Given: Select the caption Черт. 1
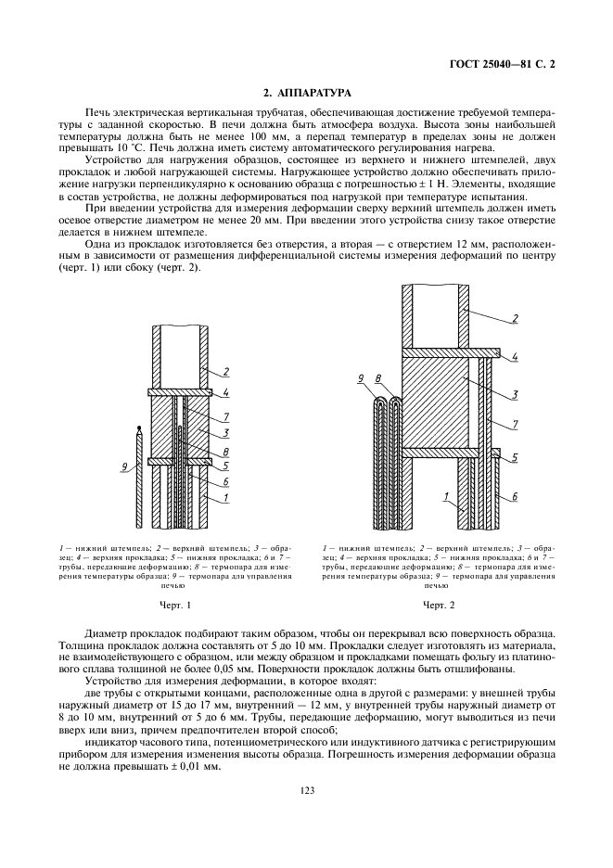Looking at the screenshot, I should point(174,605).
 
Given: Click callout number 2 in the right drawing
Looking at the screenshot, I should point(513,320).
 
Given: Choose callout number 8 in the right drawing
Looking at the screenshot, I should point(378,378).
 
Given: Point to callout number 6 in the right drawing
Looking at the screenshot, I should point(514,498).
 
